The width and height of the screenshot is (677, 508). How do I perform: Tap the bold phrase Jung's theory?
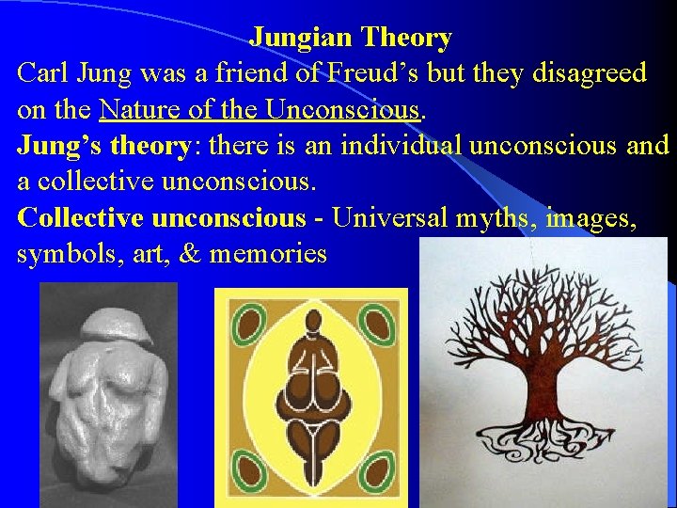(103, 147)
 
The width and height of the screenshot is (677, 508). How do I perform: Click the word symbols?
(61, 254)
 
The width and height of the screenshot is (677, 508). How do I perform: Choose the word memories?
(269, 254)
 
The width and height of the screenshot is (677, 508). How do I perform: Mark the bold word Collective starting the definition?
(80, 218)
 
